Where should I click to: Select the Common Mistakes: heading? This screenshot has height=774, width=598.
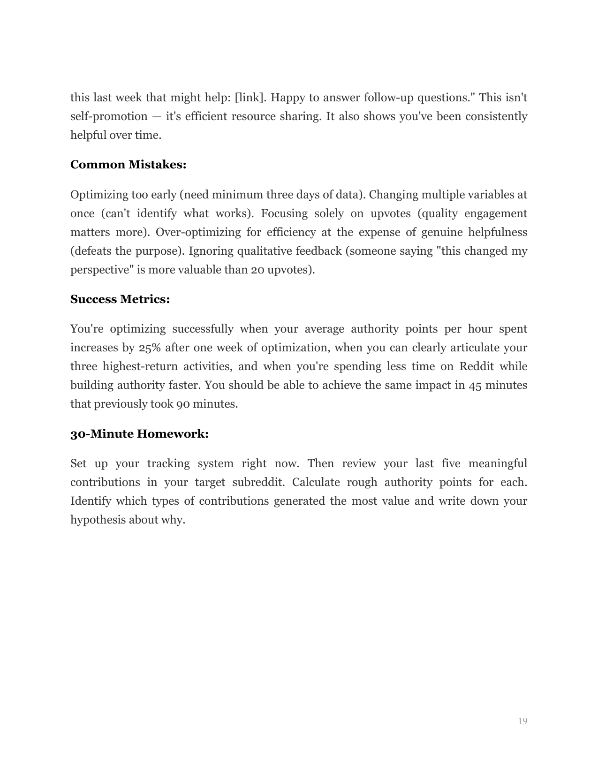point(128,165)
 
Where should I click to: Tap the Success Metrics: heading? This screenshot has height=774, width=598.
point(120,299)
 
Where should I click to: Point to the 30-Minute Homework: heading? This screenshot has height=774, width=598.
point(139,434)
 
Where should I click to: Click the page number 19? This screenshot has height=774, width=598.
point(522,721)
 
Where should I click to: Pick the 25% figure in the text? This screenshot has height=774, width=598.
point(148,348)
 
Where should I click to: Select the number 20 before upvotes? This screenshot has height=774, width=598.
point(257,270)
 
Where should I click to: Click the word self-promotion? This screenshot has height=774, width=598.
point(108,116)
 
